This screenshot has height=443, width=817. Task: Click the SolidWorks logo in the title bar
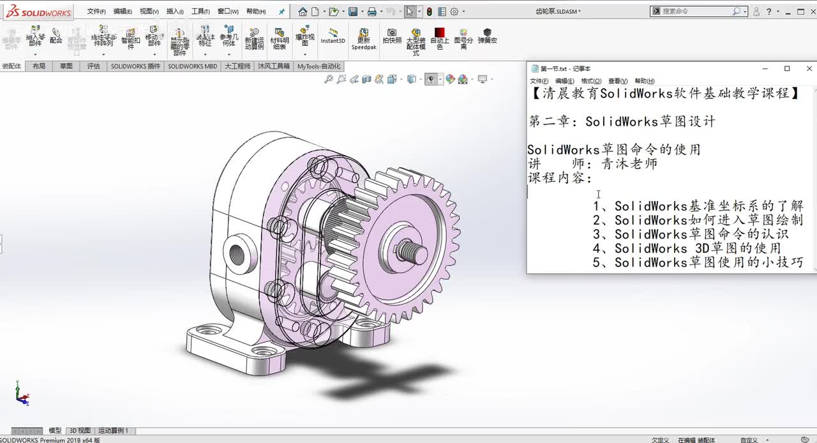(x=38, y=11)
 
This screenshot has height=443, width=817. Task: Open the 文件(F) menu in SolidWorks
(x=96, y=11)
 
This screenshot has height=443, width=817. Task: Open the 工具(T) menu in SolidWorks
(x=200, y=11)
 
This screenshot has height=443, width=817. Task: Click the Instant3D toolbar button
(x=333, y=36)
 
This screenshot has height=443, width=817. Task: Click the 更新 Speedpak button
(x=364, y=39)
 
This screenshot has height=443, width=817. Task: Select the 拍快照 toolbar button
(x=392, y=36)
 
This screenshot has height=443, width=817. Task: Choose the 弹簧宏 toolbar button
(x=487, y=36)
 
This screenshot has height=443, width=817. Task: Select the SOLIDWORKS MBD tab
(x=193, y=66)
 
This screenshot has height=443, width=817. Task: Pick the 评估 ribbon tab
(x=93, y=66)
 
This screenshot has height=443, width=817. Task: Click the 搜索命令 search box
(x=696, y=11)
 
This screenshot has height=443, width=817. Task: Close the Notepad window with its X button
(x=809, y=68)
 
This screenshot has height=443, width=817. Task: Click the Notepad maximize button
(x=787, y=68)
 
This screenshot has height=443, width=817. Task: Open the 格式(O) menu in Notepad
(x=591, y=81)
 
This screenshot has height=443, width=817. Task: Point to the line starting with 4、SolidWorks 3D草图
(x=686, y=248)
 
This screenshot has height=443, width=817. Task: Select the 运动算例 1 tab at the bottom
(x=113, y=431)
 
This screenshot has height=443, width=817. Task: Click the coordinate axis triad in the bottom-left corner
(x=22, y=395)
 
